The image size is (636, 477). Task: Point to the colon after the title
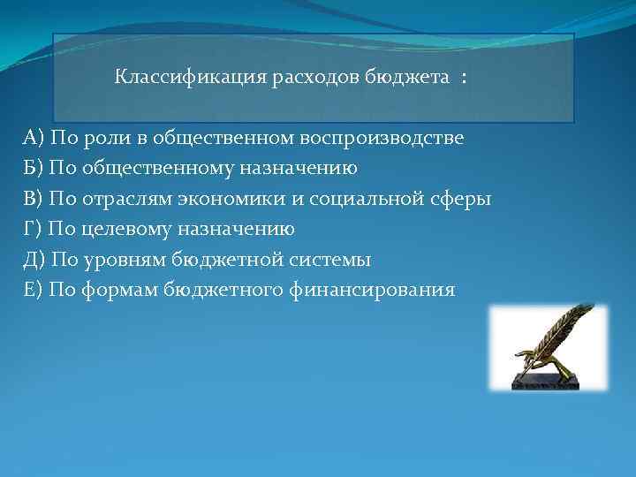(x=463, y=78)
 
